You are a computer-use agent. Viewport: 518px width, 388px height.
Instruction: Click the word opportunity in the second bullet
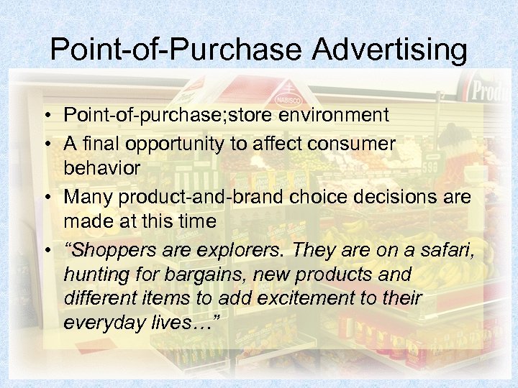click(x=183, y=144)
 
